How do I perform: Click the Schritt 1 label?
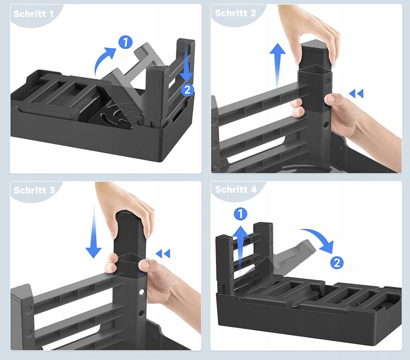click(x=34, y=14)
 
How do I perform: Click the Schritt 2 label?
click(x=235, y=13)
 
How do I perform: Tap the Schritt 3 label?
click(x=34, y=190)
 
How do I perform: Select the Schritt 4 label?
click(x=236, y=190)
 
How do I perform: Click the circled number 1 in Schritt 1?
click(x=125, y=42)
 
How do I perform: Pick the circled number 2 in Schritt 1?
click(x=187, y=90)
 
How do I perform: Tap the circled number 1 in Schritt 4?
click(x=240, y=214)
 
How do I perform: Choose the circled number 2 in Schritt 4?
click(x=337, y=263)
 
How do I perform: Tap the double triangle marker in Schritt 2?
click(x=356, y=94)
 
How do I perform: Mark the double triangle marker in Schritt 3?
click(x=163, y=254)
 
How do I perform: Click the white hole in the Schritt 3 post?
click(x=142, y=292)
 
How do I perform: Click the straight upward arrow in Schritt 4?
click(x=240, y=251)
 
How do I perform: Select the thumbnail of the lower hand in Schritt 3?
click(x=145, y=265)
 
